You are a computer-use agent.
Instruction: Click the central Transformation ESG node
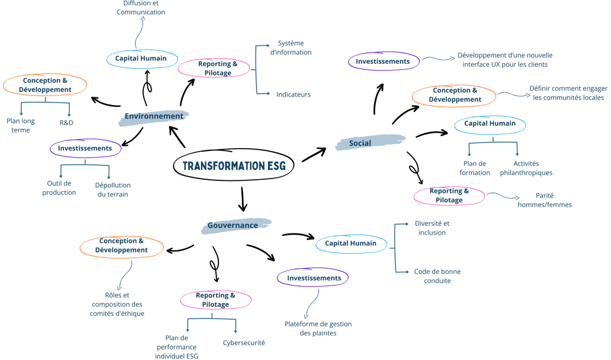[x=234, y=165]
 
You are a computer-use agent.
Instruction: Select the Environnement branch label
[x=154, y=116]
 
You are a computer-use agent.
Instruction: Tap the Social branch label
[x=360, y=143]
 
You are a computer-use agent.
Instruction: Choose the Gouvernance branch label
[x=233, y=226]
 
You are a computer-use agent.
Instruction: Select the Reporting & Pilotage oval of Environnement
[x=214, y=68]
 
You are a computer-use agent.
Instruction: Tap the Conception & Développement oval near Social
[x=454, y=95]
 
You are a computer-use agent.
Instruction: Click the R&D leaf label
[x=66, y=122]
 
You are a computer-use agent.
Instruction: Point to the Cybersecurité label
[x=244, y=343]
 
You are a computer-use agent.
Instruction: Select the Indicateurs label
[x=294, y=94]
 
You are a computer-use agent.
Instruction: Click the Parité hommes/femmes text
[x=545, y=200]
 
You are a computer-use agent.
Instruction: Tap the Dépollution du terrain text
[x=113, y=190]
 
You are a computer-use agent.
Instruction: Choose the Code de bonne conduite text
[x=437, y=276]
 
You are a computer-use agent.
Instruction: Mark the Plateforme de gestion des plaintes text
[x=318, y=328]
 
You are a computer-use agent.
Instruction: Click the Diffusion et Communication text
[x=141, y=8]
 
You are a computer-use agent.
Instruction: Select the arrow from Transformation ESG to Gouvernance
[x=243, y=199]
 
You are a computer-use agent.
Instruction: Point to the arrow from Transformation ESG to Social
[x=314, y=155]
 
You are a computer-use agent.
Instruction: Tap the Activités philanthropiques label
[x=526, y=168]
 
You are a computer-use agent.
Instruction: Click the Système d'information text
[x=291, y=48]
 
